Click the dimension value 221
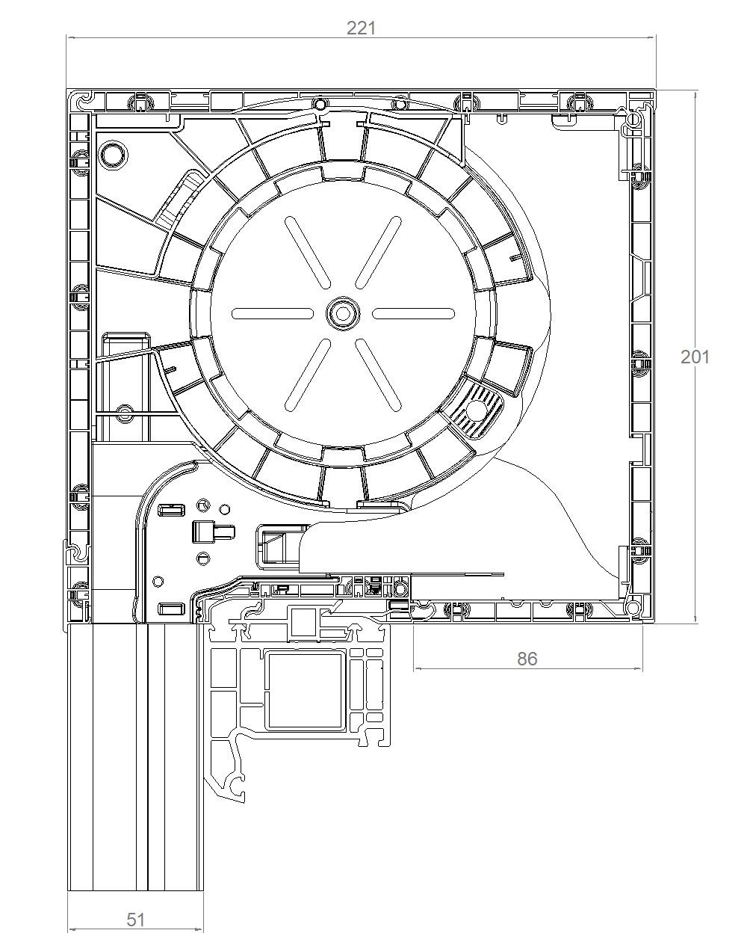tap(361, 28)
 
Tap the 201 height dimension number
tap(695, 357)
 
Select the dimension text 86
tap(527, 659)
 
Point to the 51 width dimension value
tap(136, 920)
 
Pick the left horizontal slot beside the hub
tap(273, 313)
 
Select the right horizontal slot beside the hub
tap(413, 313)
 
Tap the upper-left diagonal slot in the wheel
tap(307, 253)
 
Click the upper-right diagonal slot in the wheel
tap(378, 253)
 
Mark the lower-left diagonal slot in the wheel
tap(307, 375)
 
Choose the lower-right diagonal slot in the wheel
tap(378, 375)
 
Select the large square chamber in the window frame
tap(305, 692)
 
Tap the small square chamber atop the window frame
tap(302, 621)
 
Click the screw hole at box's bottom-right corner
tap(633, 608)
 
